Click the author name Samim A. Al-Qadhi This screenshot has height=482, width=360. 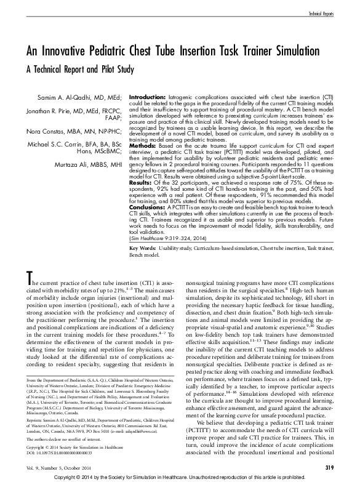(58, 98)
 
